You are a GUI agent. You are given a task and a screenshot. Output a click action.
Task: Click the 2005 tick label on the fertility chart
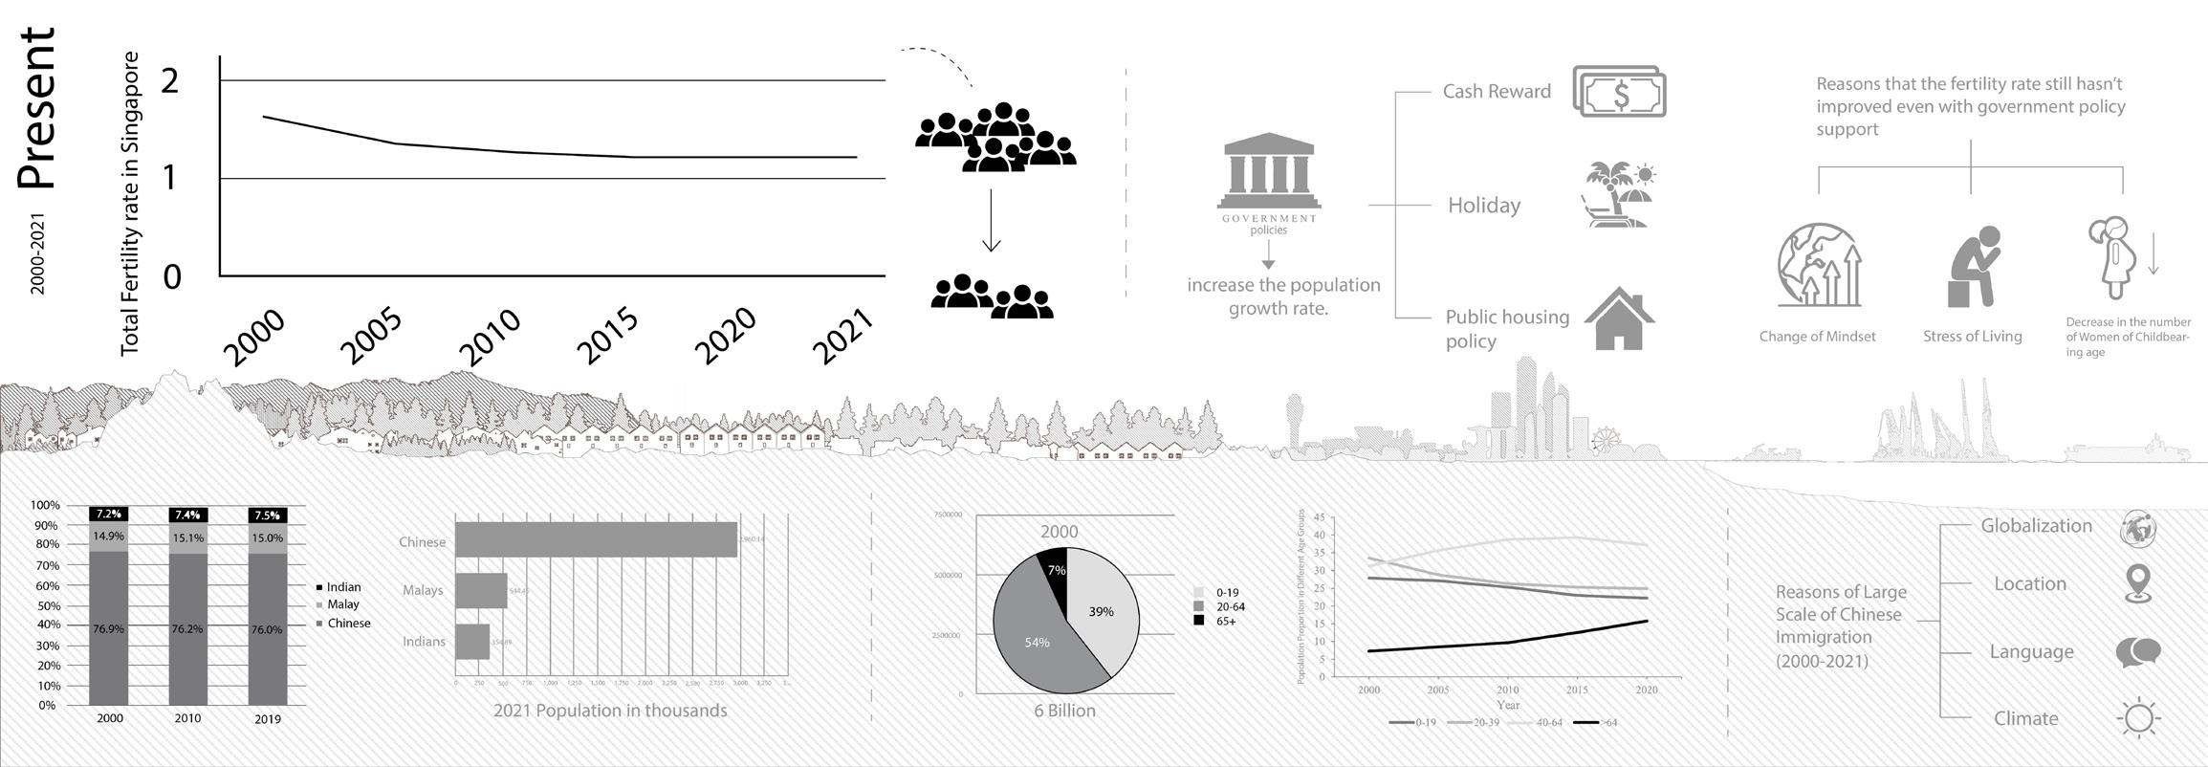click(x=371, y=338)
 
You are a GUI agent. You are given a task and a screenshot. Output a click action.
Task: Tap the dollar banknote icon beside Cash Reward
click(x=1619, y=93)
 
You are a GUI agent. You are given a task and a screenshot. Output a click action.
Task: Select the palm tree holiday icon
click(x=1618, y=194)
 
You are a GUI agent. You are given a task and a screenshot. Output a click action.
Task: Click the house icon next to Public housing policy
click(x=1619, y=318)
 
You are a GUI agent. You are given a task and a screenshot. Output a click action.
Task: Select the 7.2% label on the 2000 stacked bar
click(x=109, y=515)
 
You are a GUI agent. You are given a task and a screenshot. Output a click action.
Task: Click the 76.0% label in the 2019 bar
click(x=268, y=629)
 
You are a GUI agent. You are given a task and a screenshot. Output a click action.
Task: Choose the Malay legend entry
click(x=342, y=604)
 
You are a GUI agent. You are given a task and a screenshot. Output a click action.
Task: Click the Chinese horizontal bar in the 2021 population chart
click(x=596, y=540)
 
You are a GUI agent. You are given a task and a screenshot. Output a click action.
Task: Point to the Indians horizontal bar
click(x=472, y=641)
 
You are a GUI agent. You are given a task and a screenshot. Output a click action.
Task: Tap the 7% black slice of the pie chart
click(x=1054, y=566)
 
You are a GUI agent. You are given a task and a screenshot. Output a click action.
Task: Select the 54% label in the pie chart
click(x=1037, y=643)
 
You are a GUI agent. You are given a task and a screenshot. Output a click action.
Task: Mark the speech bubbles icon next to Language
click(x=2138, y=652)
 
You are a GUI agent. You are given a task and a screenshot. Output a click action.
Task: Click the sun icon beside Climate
click(x=2139, y=718)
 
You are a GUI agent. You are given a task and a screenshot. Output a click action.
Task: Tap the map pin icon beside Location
click(x=2137, y=583)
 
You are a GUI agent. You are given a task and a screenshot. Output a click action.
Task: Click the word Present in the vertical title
click(x=38, y=107)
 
